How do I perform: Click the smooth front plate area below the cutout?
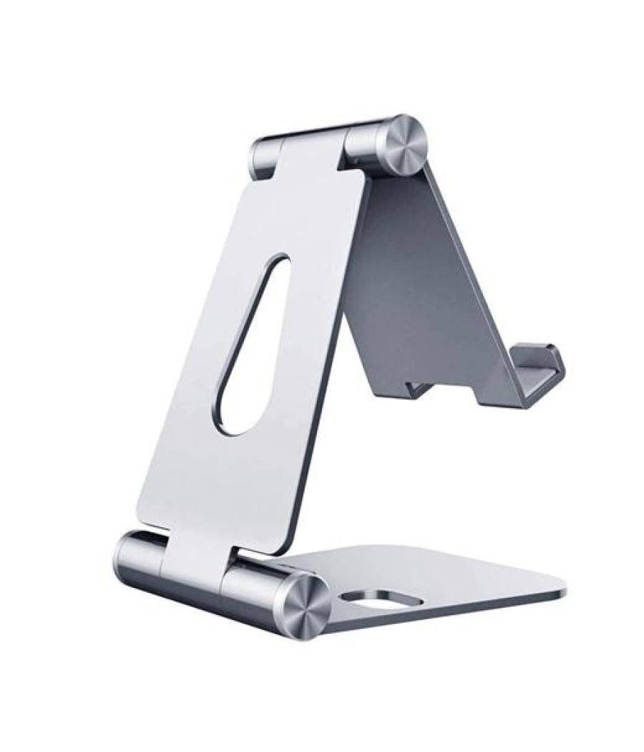coord(215,487)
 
